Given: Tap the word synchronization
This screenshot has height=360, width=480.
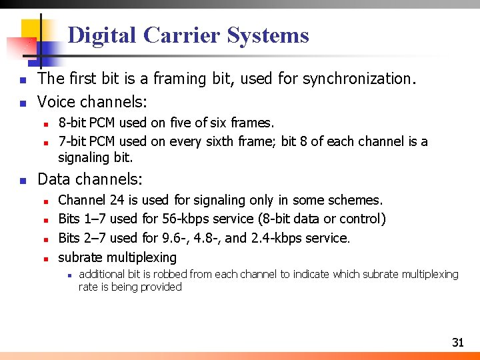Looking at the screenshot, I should (359, 79).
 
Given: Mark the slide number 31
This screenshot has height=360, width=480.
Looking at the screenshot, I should (457, 343).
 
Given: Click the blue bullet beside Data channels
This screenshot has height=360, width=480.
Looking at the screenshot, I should (23, 180).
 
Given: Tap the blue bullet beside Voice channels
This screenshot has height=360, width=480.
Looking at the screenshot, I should (23, 103).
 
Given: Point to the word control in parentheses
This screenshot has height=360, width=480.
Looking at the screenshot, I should (363, 219).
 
